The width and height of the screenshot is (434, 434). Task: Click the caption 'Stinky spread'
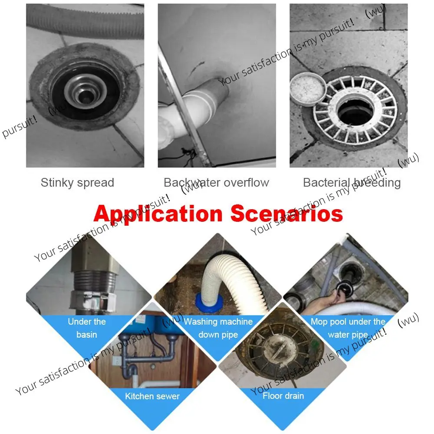77,183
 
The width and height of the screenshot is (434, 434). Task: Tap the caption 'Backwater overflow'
216,183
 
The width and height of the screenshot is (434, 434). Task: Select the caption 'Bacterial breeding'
352,183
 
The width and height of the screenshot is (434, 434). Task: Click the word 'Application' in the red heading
158,214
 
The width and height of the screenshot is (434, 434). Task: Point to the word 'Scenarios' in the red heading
286,214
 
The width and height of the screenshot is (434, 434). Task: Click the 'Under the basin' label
87,328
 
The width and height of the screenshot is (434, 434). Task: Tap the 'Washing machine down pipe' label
218,328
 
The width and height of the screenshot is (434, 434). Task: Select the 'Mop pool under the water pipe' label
348,328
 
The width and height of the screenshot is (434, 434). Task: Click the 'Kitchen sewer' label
152,396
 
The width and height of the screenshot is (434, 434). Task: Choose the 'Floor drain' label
283,396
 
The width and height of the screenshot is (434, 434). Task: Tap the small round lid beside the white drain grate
308,89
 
